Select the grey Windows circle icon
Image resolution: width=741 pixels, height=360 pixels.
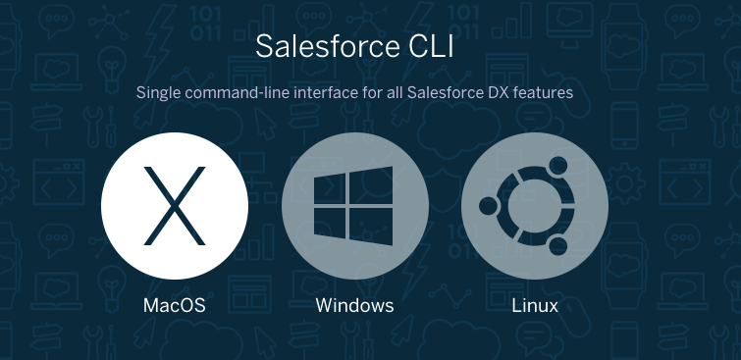coord(354,205)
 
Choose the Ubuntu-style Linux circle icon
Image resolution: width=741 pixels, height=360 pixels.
coord(535,205)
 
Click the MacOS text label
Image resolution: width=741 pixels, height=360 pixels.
coord(175,305)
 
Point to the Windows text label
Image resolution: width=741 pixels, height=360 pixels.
coord(354,305)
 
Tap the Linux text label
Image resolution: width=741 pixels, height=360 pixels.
coord(535,305)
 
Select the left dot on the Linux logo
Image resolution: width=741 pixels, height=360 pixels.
coord(487,206)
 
